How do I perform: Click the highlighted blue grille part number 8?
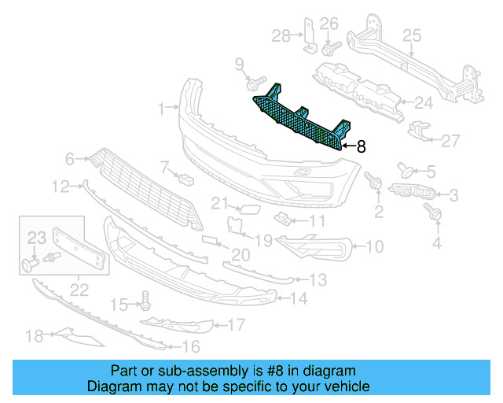click(303, 119)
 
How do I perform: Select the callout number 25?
click(413, 35)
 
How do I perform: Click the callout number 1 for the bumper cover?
click(160, 108)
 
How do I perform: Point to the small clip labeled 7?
click(186, 178)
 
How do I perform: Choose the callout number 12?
click(61, 187)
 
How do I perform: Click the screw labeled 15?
click(145, 299)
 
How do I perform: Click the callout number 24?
click(424, 102)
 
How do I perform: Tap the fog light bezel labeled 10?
click(314, 246)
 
